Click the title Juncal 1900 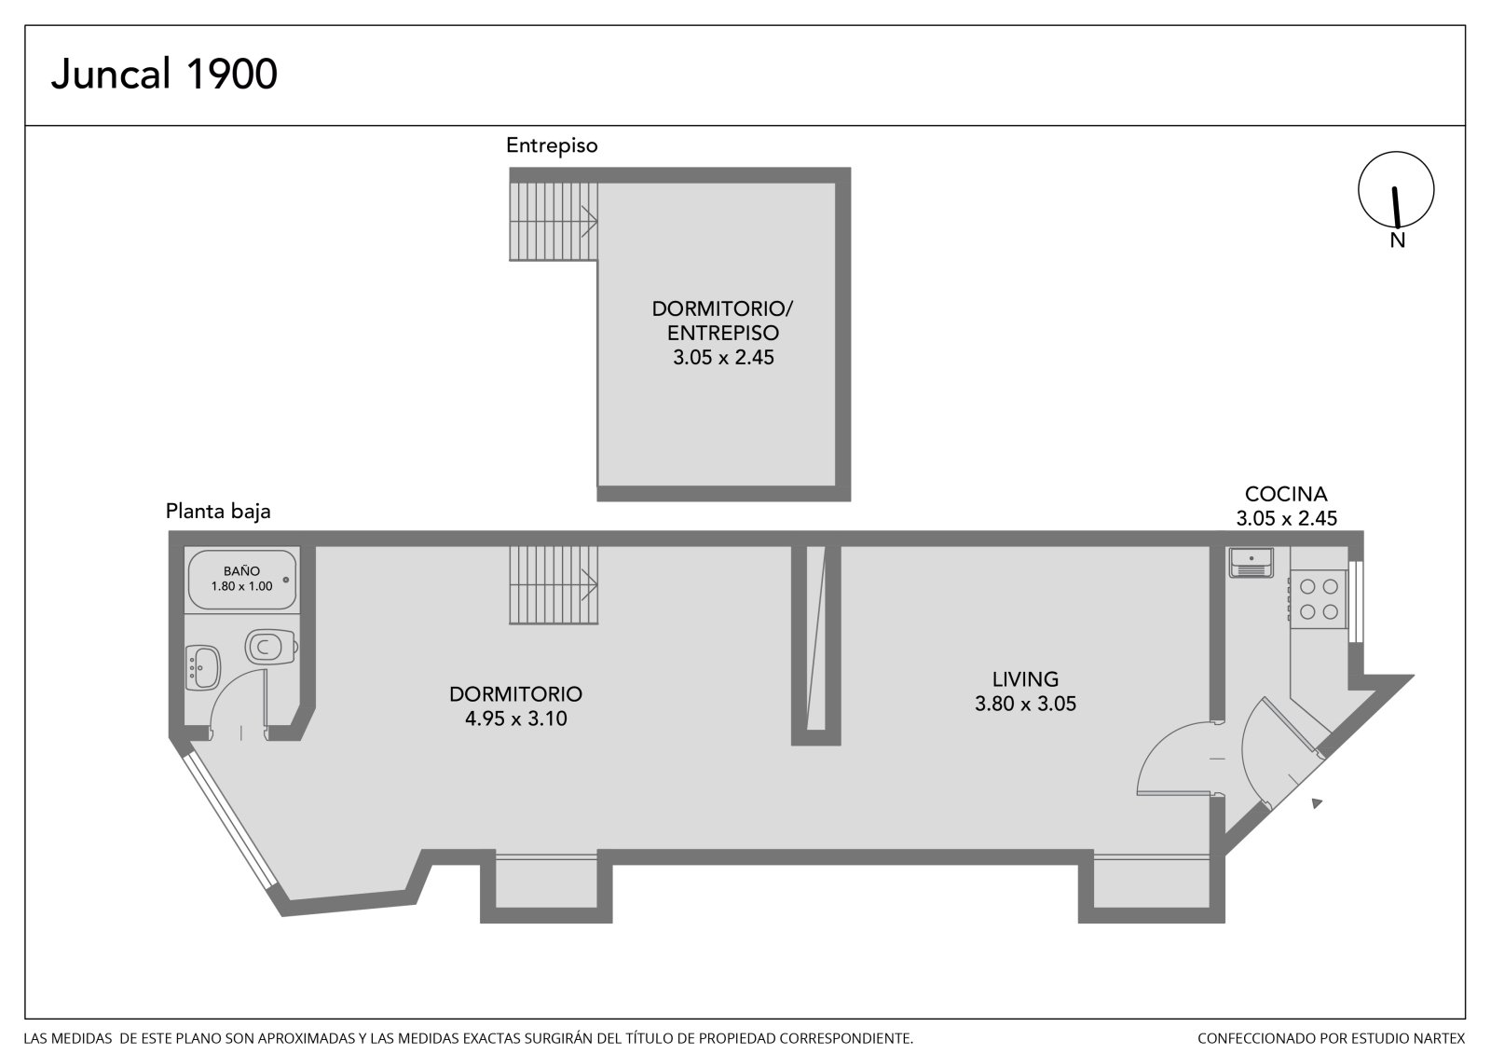tap(164, 74)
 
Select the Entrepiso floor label tap(552, 145)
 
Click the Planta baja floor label tap(218, 512)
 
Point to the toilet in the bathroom tap(271, 646)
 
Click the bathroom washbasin tap(202, 667)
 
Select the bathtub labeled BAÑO tap(241, 580)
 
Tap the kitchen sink tap(1252, 563)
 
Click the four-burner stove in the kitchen tap(1319, 598)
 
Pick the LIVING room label tap(1025, 679)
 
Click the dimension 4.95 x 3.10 tap(516, 719)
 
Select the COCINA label tap(1286, 494)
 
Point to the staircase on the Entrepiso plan tap(554, 221)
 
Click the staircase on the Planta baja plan tap(554, 584)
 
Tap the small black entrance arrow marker tap(1316, 803)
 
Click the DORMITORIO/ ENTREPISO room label tap(722, 321)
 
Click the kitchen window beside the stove tap(1355, 602)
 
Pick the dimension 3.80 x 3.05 tap(1025, 704)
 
